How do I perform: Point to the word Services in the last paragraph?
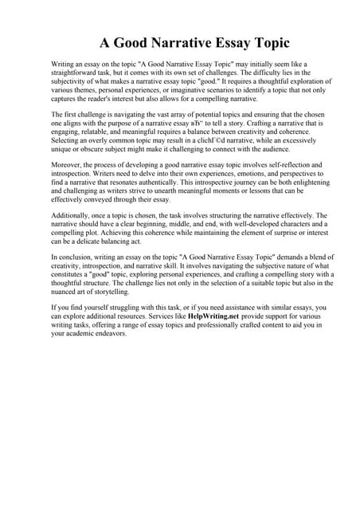[x=168, y=316]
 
